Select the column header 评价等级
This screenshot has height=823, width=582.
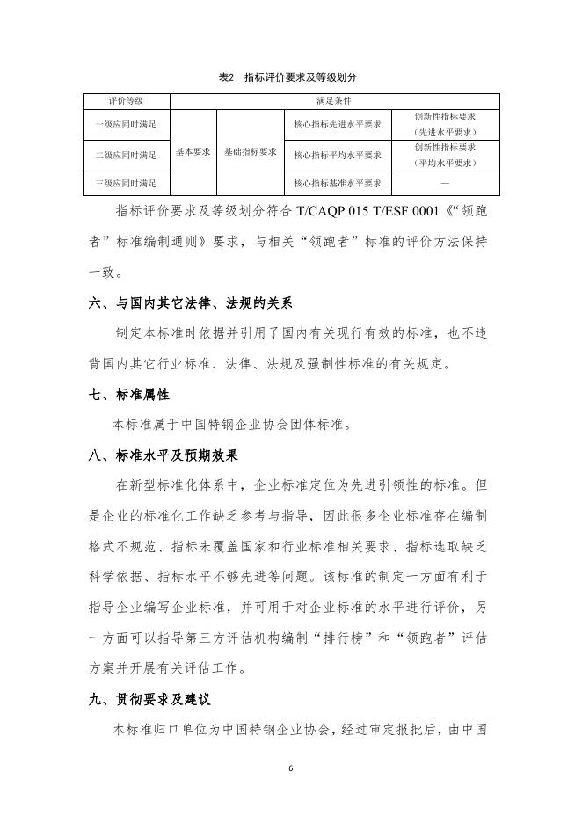(x=126, y=102)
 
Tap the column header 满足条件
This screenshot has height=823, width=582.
(x=335, y=102)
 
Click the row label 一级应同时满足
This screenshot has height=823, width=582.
(x=126, y=124)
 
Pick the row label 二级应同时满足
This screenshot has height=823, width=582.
(x=126, y=155)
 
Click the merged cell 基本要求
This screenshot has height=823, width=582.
(x=193, y=151)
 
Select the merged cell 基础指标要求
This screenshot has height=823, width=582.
(x=251, y=151)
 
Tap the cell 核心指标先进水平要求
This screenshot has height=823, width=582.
(x=337, y=124)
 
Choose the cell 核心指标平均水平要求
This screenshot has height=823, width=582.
(x=337, y=155)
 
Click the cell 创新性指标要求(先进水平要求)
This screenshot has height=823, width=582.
(x=445, y=124)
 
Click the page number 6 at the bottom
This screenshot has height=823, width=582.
(x=290, y=768)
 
